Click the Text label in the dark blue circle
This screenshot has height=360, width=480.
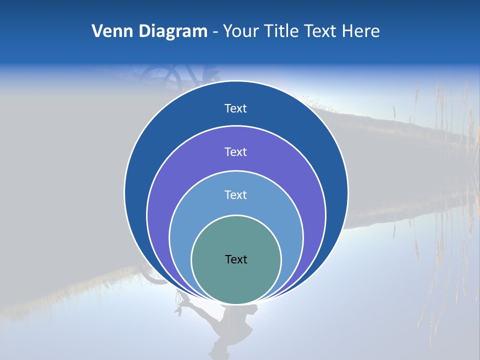pos(235,108)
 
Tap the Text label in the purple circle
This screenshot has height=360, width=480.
pos(235,151)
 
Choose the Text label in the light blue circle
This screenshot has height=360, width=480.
pos(235,195)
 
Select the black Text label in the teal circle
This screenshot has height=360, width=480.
pos(236,259)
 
